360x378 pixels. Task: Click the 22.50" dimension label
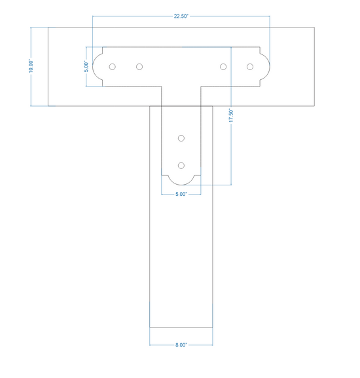[181, 16]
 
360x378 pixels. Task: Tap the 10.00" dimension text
[31, 66]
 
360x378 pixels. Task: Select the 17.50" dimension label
[231, 115]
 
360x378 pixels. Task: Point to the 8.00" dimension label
[181, 345]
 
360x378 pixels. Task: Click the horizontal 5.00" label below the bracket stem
[181, 194]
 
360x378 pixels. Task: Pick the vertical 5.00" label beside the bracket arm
[86, 67]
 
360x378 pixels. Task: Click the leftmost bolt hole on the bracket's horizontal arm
[112, 67]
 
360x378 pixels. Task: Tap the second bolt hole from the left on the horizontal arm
[139, 67]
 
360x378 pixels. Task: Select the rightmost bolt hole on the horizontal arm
[250, 67]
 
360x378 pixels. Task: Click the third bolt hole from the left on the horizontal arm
[223, 67]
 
